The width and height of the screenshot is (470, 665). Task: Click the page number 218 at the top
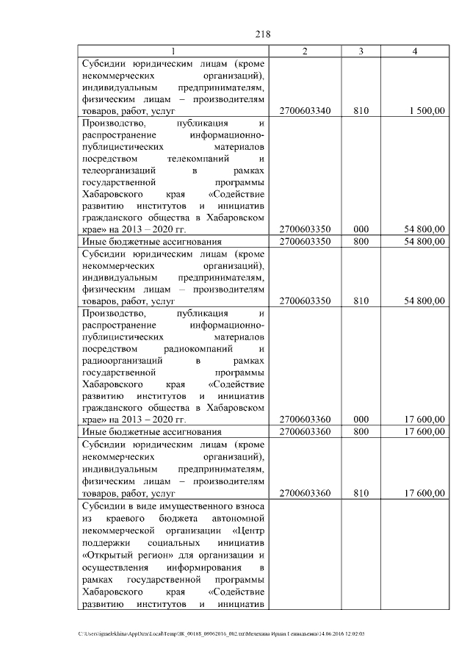264,34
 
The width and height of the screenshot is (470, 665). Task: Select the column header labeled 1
173,51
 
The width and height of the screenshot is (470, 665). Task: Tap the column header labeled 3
361,51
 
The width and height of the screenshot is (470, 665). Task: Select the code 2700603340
305,111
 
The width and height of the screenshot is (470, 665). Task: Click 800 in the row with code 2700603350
361,241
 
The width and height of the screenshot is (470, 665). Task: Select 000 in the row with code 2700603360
361,419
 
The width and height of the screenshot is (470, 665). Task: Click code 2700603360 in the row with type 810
305,491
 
